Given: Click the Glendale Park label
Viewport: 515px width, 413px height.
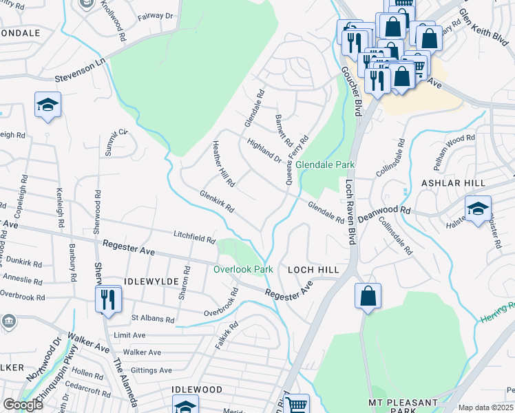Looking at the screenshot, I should coord(325,165).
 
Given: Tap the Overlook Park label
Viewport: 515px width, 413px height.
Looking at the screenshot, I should coord(243,269).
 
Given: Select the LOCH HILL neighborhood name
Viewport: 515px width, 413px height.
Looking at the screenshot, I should coord(313,270).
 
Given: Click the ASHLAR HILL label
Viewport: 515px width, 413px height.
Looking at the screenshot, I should coord(453,183).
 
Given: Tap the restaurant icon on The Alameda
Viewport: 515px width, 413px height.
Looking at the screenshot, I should coord(108,299).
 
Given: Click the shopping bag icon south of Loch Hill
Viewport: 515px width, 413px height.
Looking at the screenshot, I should coord(368,296).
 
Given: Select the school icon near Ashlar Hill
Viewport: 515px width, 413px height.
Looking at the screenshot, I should coord(479,207).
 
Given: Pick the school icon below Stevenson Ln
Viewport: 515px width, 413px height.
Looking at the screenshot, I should coord(48,105).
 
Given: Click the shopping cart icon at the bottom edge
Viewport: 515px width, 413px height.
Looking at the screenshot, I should coord(297,405).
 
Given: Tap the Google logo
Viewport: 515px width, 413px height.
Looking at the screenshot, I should coord(23,405).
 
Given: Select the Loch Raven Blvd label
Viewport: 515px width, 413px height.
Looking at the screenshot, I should coord(350,213).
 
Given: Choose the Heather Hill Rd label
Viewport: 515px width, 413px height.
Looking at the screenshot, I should coord(224,164).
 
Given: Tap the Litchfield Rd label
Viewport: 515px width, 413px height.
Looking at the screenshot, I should coord(194,237).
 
